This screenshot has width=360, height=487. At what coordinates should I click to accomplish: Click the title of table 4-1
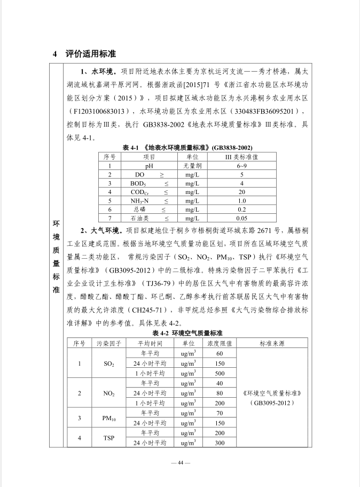[x=187, y=148]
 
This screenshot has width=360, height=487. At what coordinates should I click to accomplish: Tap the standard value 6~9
[x=241, y=166]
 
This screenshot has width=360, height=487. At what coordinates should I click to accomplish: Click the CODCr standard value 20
[x=241, y=191]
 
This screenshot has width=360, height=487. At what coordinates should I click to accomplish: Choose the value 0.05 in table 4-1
[x=241, y=218]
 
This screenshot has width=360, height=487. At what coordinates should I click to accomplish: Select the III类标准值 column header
[x=241, y=157]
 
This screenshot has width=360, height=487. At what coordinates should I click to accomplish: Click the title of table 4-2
[x=187, y=333]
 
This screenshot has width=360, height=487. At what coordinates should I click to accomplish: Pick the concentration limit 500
[x=219, y=373]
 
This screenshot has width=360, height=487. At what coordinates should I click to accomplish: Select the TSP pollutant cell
[x=109, y=438]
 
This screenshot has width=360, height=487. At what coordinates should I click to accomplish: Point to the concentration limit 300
[x=219, y=443]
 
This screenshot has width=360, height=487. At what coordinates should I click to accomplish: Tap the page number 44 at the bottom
[x=180, y=462]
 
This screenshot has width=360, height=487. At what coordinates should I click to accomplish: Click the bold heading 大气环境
[x=100, y=230]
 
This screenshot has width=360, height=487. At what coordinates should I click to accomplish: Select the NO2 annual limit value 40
[x=219, y=383]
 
